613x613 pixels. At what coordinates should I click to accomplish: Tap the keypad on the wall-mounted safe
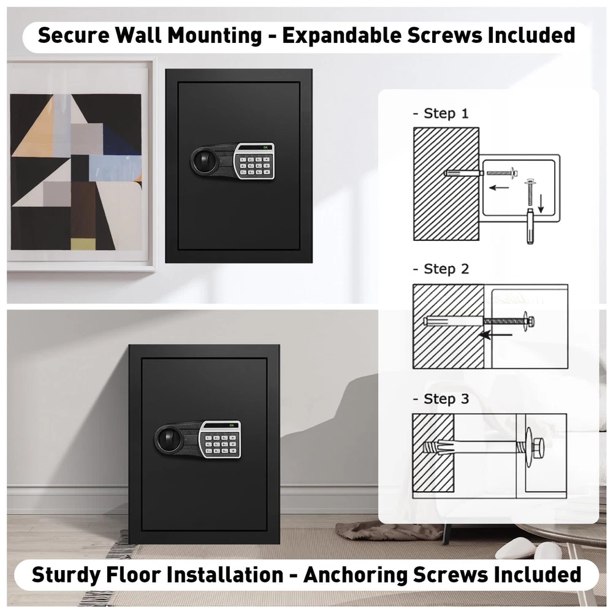coord(254,161)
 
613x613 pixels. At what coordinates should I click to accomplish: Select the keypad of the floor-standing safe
coord(220,440)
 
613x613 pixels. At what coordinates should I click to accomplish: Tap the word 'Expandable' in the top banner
coord(342,35)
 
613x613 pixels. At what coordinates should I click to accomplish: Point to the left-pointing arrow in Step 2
coord(495,335)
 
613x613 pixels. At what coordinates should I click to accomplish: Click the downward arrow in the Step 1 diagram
coord(541,204)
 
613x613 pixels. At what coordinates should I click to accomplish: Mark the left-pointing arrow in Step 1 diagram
coord(499,188)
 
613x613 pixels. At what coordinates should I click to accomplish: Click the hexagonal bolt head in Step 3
coord(538,447)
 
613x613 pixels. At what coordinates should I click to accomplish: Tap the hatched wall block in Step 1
coord(446,184)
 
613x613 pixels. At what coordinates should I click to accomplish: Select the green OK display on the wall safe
coord(266,147)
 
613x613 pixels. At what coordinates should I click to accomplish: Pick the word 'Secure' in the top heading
coord(74,35)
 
